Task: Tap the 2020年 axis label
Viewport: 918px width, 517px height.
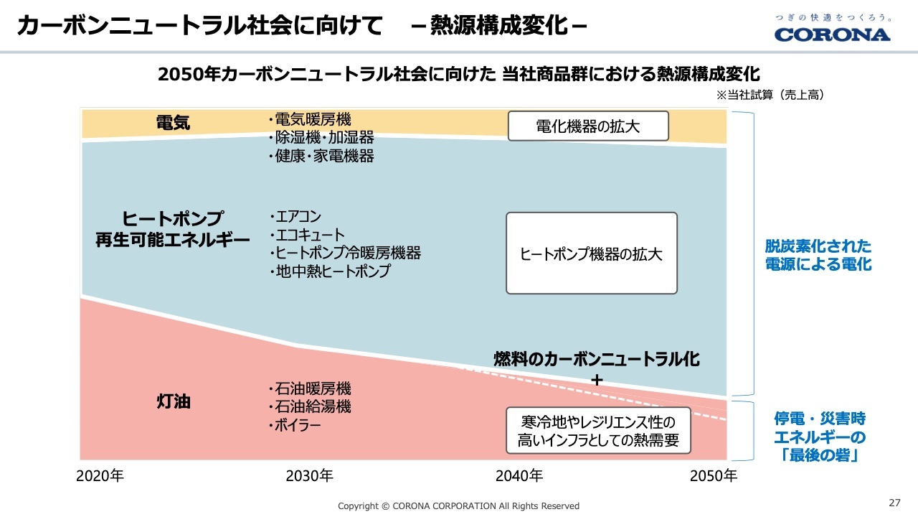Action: [100, 475]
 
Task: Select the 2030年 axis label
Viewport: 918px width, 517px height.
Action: [309, 475]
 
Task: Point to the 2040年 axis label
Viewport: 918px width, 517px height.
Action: [519, 475]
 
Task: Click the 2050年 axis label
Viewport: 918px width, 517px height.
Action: [713, 475]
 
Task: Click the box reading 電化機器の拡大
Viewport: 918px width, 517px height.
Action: [588, 126]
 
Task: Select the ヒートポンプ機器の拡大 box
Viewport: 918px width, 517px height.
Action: [591, 253]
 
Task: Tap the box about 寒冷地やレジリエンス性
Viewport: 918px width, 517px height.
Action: [598, 431]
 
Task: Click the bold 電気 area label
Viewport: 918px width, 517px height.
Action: [173, 123]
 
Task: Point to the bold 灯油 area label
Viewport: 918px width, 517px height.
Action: [173, 401]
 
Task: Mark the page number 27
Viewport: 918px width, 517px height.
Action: [894, 502]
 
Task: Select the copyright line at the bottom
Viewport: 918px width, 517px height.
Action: [458, 506]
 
